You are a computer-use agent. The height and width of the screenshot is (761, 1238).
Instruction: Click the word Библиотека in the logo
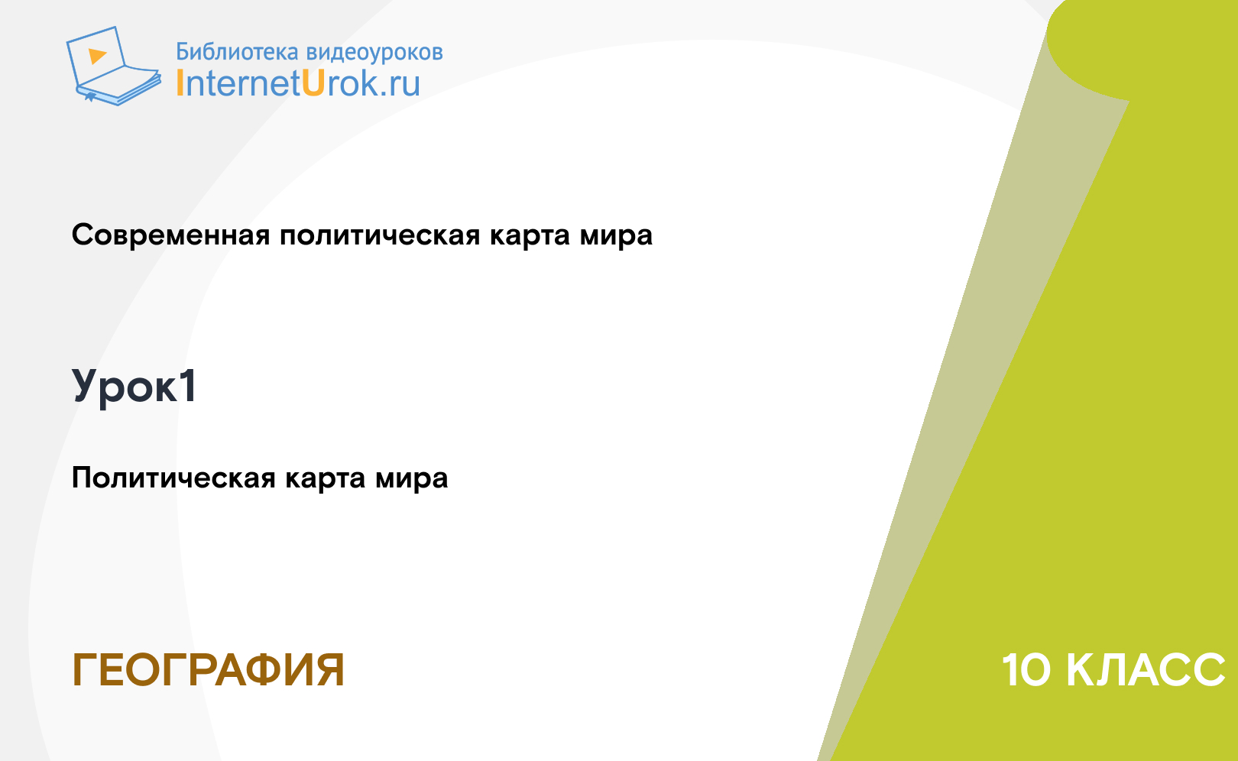tap(238, 51)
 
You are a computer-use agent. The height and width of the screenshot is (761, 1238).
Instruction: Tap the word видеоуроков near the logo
tap(374, 53)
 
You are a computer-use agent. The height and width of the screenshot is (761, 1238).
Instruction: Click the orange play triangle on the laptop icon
tap(97, 56)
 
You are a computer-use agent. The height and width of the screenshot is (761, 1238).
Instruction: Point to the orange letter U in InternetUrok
tap(313, 83)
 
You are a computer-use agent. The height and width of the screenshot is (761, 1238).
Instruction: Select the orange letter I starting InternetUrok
tap(180, 83)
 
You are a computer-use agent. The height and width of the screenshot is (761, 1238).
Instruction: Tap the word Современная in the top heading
tap(170, 235)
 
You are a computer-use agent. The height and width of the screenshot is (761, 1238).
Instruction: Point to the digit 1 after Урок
tap(188, 385)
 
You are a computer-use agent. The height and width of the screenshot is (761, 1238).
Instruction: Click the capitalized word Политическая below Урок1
tap(173, 478)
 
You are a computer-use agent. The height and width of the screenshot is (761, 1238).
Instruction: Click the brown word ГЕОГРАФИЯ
tap(208, 670)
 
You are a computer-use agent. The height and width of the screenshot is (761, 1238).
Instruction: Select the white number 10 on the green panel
tap(1026, 670)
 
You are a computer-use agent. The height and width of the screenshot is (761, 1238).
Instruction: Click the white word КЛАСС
tap(1145, 670)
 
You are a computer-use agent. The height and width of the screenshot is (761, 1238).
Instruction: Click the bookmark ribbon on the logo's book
tap(89, 97)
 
